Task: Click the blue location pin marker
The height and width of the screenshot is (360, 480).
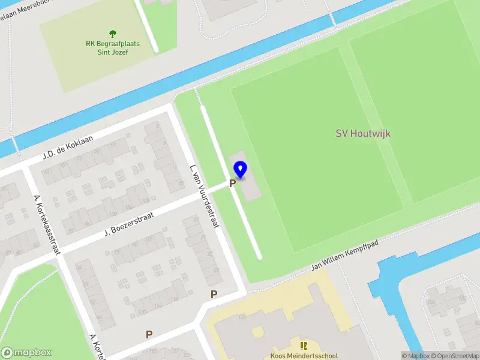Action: tap(240, 169)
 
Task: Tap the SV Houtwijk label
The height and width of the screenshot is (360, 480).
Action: tap(362, 133)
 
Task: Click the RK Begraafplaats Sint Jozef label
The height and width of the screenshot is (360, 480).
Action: tap(113, 47)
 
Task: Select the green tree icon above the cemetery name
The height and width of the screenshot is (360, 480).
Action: tap(112, 34)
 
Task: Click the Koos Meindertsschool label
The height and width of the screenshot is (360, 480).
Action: tap(304, 356)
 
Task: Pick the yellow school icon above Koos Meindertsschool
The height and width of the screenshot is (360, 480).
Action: tap(304, 346)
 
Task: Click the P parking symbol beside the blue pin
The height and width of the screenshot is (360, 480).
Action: tap(232, 184)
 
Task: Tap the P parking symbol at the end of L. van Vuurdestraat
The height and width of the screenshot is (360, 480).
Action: tap(214, 294)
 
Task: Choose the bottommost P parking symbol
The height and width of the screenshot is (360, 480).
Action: tap(149, 334)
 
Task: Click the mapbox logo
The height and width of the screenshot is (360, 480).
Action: tap(26, 353)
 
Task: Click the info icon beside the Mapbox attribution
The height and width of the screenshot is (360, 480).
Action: tap(406, 356)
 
